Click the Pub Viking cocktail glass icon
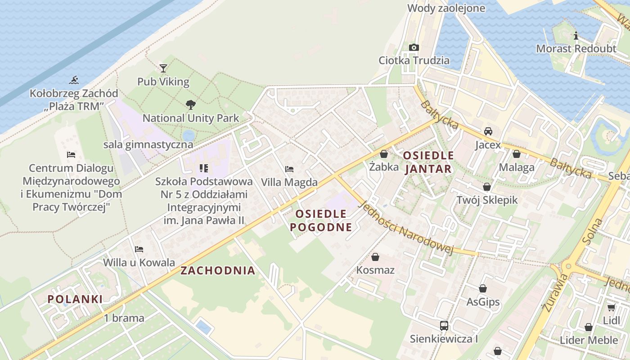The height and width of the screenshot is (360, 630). pyautogui.click(x=163, y=68)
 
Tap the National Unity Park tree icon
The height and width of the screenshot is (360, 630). pyautogui.click(x=190, y=105)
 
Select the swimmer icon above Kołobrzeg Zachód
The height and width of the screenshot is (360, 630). pyautogui.click(x=74, y=81)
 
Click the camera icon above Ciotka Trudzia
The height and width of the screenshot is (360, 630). pyautogui.click(x=414, y=47)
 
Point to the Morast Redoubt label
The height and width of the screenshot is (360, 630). pyautogui.click(x=576, y=49)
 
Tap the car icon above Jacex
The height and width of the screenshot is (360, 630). pyautogui.click(x=488, y=131)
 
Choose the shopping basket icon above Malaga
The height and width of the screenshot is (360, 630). pyautogui.click(x=516, y=154)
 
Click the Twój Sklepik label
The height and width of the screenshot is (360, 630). pyautogui.click(x=487, y=200)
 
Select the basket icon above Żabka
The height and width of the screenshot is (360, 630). pyautogui.click(x=383, y=154)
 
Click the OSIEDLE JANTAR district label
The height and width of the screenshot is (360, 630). pyautogui.click(x=428, y=162)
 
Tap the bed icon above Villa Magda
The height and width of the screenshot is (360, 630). pyautogui.click(x=289, y=169)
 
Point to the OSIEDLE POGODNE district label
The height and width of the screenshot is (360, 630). pyautogui.click(x=321, y=220)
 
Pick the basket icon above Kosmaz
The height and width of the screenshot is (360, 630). pyautogui.click(x=375, y=257)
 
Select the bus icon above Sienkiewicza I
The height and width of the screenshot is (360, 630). pyautogui.click(x=444, y=326)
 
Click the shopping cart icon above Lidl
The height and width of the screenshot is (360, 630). pyautogui.click(x=611, y=308)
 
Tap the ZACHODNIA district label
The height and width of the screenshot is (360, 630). pyautogui.click(x=218, y=270)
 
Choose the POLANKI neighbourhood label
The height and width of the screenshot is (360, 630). pyautogui.click(x=75, y=299)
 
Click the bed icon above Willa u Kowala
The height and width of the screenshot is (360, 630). pyautogui.click(x=139, y=249)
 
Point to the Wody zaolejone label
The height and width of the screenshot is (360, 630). pyautogui.click(x=446, y=8)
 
